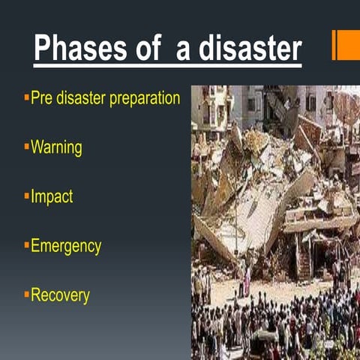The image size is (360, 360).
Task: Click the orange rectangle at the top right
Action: coord(346,45)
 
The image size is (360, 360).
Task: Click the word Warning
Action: coord(56,148)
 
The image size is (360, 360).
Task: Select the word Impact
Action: coord(52,197)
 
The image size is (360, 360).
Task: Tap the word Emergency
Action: coord(66,246)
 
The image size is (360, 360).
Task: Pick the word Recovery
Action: coord(60,295)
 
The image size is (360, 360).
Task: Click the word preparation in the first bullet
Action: coord(144,99)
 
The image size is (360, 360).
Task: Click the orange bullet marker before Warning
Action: coord(26,145)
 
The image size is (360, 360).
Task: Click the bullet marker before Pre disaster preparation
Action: coord(26,96)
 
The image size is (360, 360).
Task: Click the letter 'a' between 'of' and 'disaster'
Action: coord(184,50)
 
